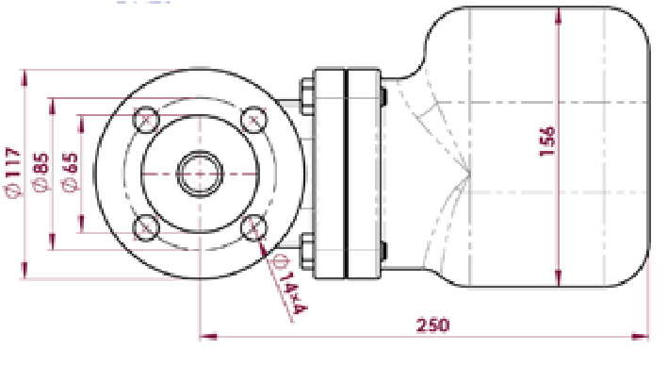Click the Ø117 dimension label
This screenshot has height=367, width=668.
(x=13, y=173)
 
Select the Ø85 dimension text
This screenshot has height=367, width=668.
(x=41, y=172)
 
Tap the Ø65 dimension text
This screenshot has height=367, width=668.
(x=71, y=172)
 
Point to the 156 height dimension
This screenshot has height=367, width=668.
(x=547, y=142)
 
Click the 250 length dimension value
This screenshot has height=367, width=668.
(x=432, y=325)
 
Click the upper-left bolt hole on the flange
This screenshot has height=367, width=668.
(x=146, y=119)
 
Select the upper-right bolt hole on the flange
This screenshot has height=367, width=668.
(x=253, y=119)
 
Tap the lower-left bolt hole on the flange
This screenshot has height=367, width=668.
(x=146, y=227)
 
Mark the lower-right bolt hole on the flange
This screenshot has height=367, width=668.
(x=253, y=227)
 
